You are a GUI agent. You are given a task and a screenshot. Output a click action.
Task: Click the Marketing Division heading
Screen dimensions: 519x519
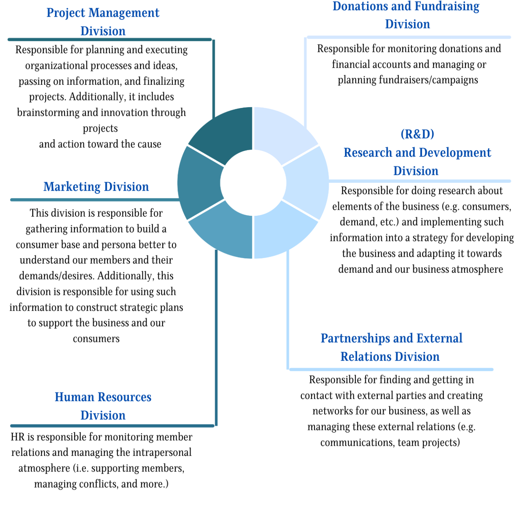point(96,187)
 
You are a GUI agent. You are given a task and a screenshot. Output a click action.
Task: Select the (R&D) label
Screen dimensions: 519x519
point(417,134)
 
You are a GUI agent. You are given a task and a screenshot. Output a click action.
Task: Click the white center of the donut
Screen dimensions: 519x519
point(253,183)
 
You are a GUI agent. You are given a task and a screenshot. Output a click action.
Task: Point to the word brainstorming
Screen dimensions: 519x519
point(48,112)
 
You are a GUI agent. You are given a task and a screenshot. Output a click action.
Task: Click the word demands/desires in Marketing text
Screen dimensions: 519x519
point(57,276)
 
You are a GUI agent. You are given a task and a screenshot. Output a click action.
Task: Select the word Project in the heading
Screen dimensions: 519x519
point(66,13)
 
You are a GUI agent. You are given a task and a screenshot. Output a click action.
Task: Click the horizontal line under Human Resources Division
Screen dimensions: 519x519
point(112,426)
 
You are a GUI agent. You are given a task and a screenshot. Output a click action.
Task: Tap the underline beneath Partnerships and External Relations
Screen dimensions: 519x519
point(391,370)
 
